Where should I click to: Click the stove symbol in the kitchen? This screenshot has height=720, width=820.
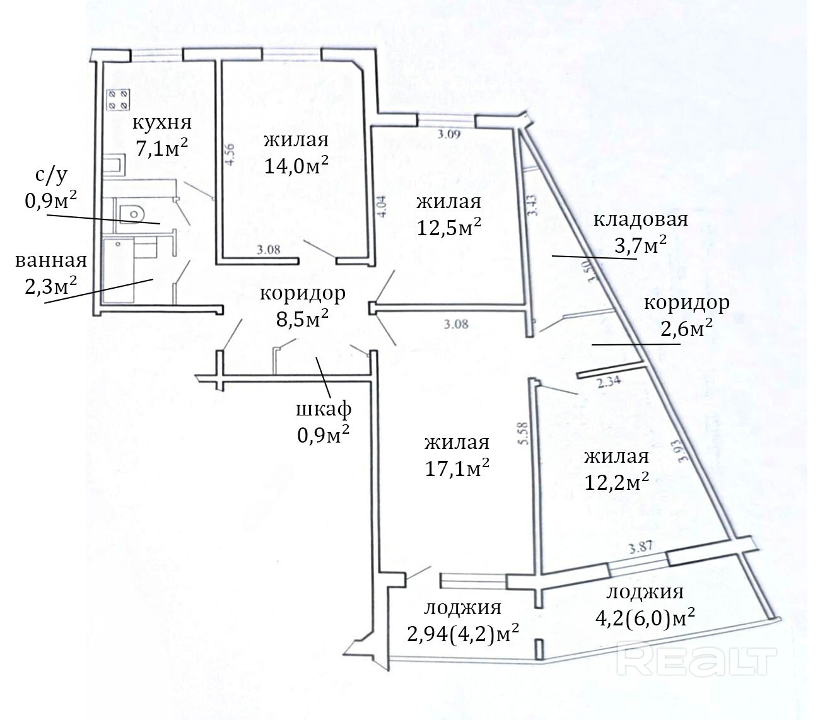tap(118, 100)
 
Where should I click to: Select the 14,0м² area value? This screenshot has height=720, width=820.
tap(296, 165)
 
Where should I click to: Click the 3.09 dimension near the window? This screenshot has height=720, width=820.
tap(450, 133)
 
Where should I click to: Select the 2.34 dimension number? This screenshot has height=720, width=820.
tap(609, 381)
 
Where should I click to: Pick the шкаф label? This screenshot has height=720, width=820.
tap(324, 409)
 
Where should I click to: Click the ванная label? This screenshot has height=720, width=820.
tap(51, 260)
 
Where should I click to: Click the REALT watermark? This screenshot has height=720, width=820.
tap(700, 659)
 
